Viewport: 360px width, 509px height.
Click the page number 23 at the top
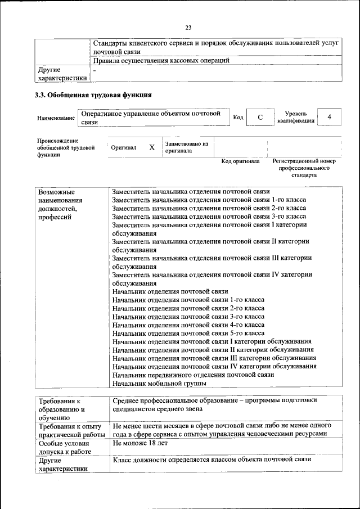[x=188, y=27]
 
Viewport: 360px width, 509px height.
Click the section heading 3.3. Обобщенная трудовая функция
[x=93, y=95]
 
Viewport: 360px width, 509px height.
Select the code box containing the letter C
[x=260, y=117]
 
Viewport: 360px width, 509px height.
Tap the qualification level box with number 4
[x=330, y=116]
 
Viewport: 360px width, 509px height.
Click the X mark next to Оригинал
[x=151, y=147]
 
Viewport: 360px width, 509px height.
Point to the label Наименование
[x=56, y=118]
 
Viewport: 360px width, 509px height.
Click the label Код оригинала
[x=240, y=161]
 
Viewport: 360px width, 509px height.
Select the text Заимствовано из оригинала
[x=186, y=147]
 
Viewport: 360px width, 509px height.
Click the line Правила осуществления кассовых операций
[x=161, y=61]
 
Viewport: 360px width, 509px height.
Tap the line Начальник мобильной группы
[x=159, y=384]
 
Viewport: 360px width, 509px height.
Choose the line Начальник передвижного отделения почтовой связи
[x=192, y=375]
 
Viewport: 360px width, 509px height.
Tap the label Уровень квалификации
[x=292, y=117]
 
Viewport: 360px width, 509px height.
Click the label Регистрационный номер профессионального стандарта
[x=304, y=168]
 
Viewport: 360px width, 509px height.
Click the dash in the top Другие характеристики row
[x=94, y=70]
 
